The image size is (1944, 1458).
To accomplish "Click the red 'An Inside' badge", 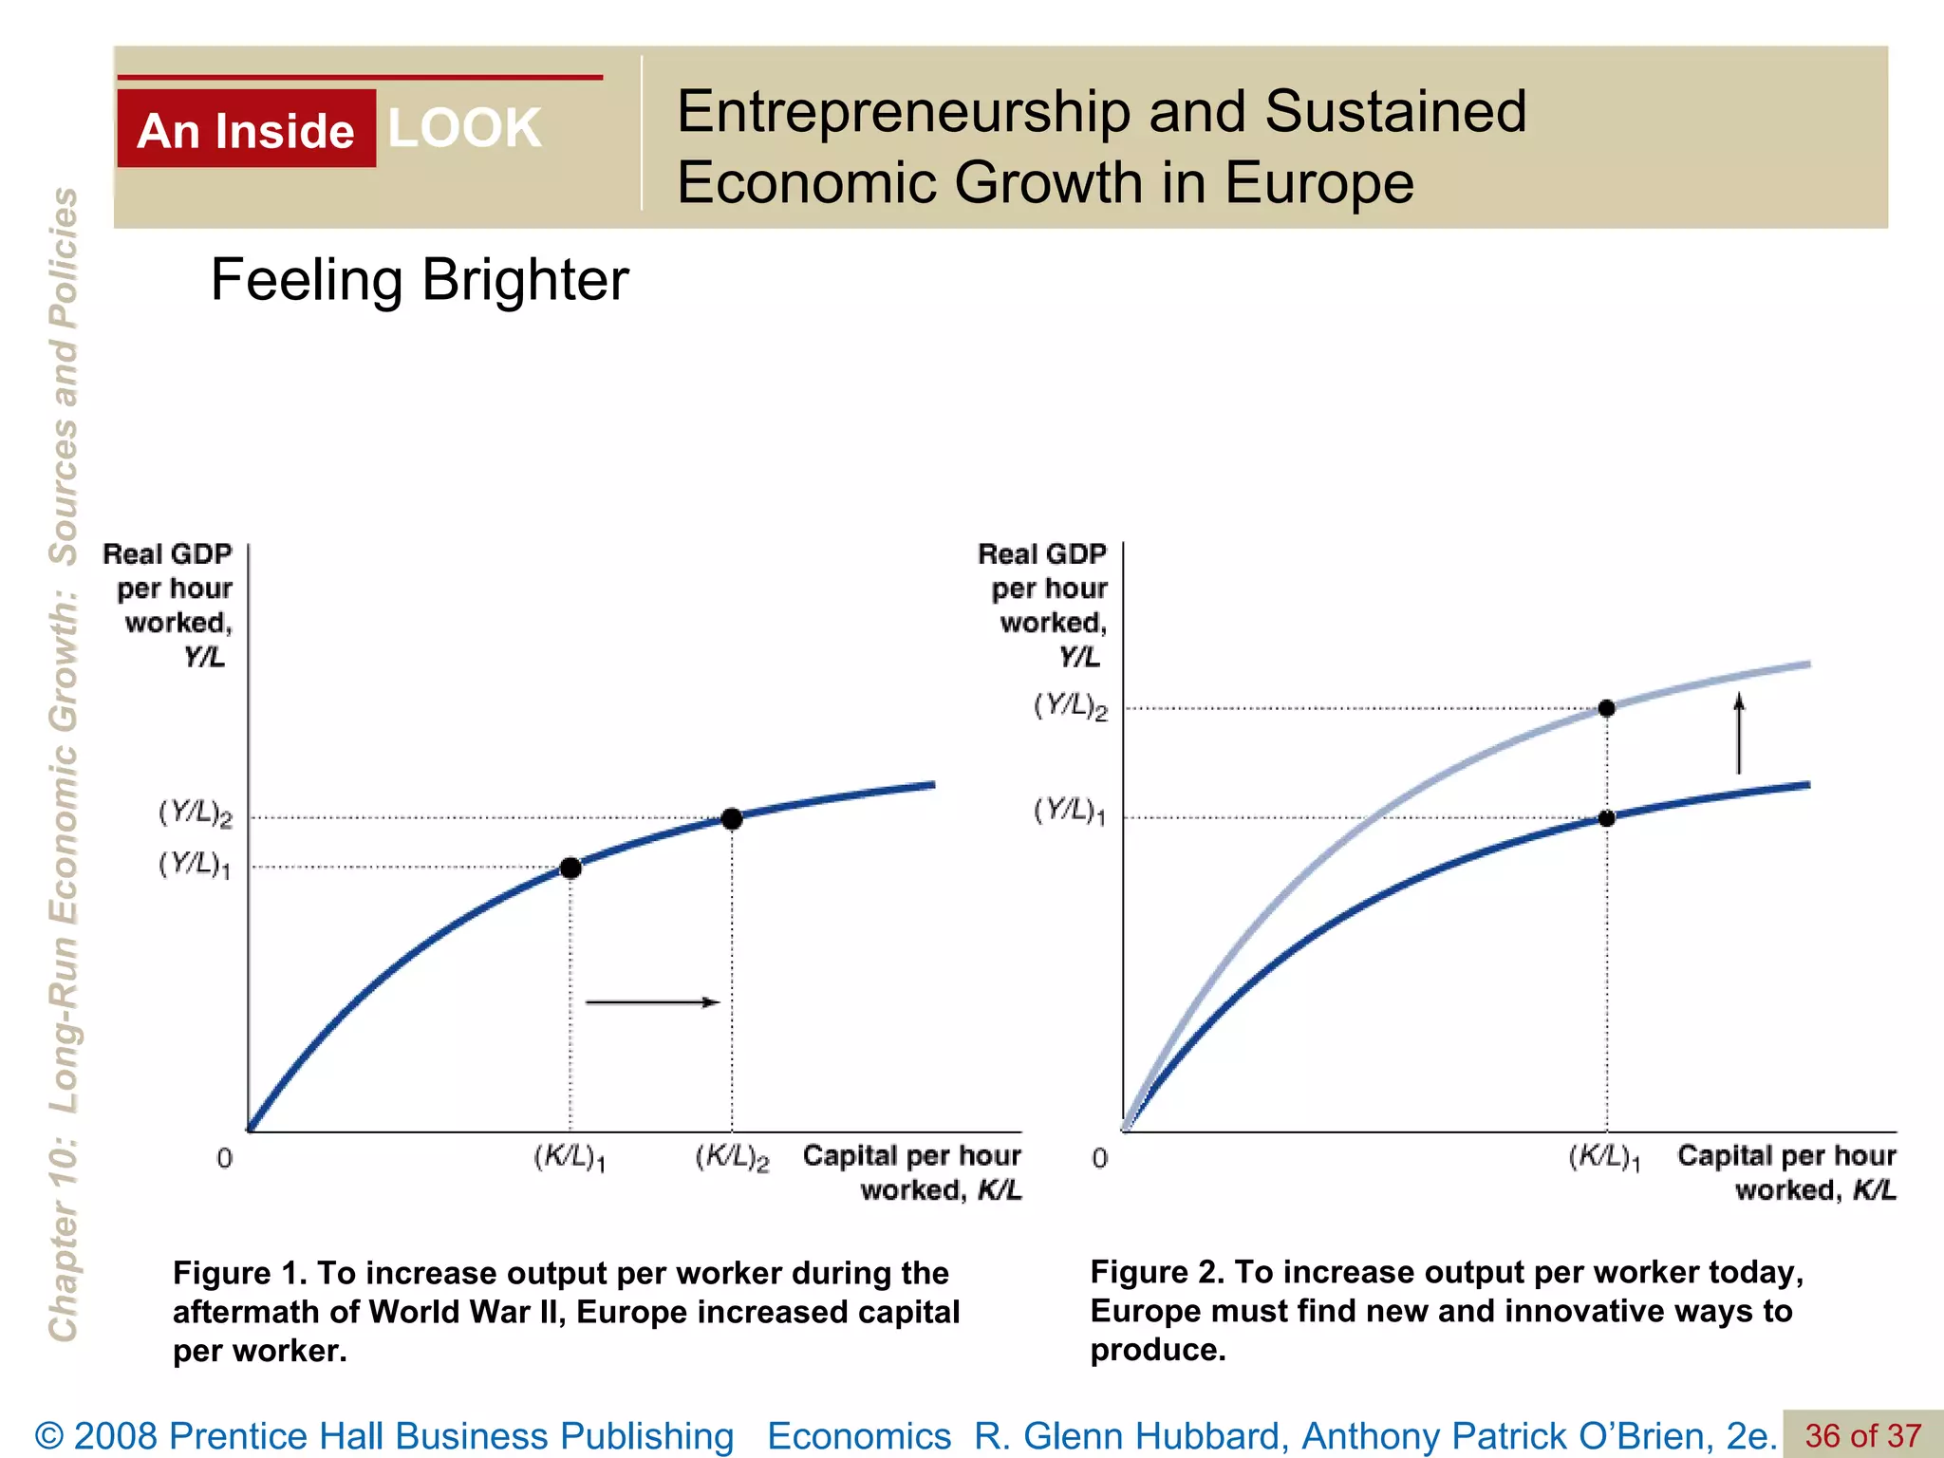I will click(x=246, y=129).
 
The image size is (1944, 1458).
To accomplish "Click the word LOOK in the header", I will click(x=464, y=128).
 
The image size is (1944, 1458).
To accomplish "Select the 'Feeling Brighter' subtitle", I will click(x=419, y=280).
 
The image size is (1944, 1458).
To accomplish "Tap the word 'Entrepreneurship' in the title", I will click(x=903, y=111).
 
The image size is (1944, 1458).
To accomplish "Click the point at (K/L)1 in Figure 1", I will click(x=570, y=868).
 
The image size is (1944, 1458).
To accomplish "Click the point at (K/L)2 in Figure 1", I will click(x=732, y=818).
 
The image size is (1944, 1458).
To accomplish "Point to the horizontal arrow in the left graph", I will click(x=653, y=1001).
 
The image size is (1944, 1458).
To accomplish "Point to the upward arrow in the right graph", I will click(x=1739, y=734).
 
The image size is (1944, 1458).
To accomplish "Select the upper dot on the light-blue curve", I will click(x=1607, y=708).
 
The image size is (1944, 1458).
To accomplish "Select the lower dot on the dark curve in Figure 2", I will click(x=1607, y=818).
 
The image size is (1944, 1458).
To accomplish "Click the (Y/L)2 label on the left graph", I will click(x=195, y=813).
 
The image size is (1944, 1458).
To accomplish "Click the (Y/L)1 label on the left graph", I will click(x=195, y=865).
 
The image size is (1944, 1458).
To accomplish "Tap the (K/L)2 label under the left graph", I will click(x=732, y=1158).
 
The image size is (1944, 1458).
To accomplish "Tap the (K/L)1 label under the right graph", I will click(x=1604, y=1158).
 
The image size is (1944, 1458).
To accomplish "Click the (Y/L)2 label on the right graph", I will click(x=1070, y=706).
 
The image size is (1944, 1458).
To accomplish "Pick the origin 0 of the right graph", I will click(x=1099, y=1158).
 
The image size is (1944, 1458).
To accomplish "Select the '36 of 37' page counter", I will click(x=1862, y=1435).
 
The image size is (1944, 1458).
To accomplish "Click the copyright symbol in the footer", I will click(x=48, y=1436).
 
